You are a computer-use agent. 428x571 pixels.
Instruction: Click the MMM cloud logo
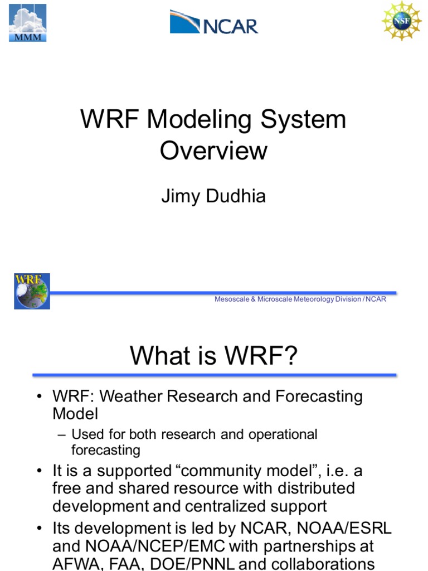[x=27, y=23]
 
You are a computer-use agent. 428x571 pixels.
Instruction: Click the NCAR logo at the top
[x=214, y=23]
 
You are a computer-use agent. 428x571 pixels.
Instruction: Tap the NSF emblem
[x=401, y=21]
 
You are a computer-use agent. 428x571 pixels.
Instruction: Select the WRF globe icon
[x=32, y=291]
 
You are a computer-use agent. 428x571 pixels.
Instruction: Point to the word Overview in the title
[x=213, y=151]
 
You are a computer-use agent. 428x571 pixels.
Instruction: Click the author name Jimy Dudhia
[x=213, y=197]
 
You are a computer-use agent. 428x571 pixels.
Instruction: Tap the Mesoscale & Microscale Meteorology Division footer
[x=300, y=299]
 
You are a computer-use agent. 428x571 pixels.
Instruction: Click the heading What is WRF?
[x=213, y=356]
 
